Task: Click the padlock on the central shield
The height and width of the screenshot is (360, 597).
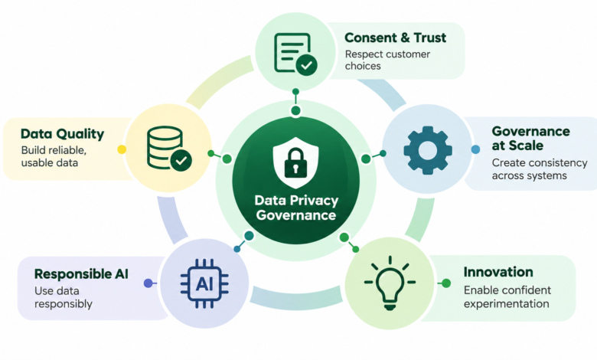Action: click(x=296, y=163)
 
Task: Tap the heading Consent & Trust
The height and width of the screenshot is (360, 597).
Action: click(x=395, y=38)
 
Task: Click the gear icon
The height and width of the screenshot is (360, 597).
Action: click(x=428, y=150)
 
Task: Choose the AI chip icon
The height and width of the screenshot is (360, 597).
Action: click(x=204, y=284)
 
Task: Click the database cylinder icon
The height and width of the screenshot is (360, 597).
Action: click(x=169, y=148)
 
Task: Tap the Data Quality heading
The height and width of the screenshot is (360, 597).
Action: click(x=63, y=134)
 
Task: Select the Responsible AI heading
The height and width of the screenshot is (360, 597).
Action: click(x=81, y=274)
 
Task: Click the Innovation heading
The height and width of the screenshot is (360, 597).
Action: click(x=498, y=272)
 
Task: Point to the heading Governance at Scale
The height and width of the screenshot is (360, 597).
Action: click(x=530, y=139)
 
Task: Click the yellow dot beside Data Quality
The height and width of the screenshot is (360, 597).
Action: click(x=122, y=149)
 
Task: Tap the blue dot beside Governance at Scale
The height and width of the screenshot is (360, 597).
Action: click(x=475, y=149)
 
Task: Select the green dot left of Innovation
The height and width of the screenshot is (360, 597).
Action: click(x=446, y=283)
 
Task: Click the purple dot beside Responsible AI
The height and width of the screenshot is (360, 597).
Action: click(x=148, y=283)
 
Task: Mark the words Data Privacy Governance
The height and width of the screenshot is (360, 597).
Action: click(x=296, y=208)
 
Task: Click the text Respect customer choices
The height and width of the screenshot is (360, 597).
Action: click(x=387, y=61)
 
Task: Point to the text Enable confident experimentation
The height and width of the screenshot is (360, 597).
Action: click(x=507, y=296)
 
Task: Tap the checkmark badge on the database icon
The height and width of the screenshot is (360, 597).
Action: click(x=181, y=160)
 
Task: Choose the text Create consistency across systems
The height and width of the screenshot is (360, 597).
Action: click(x=540, y=169)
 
